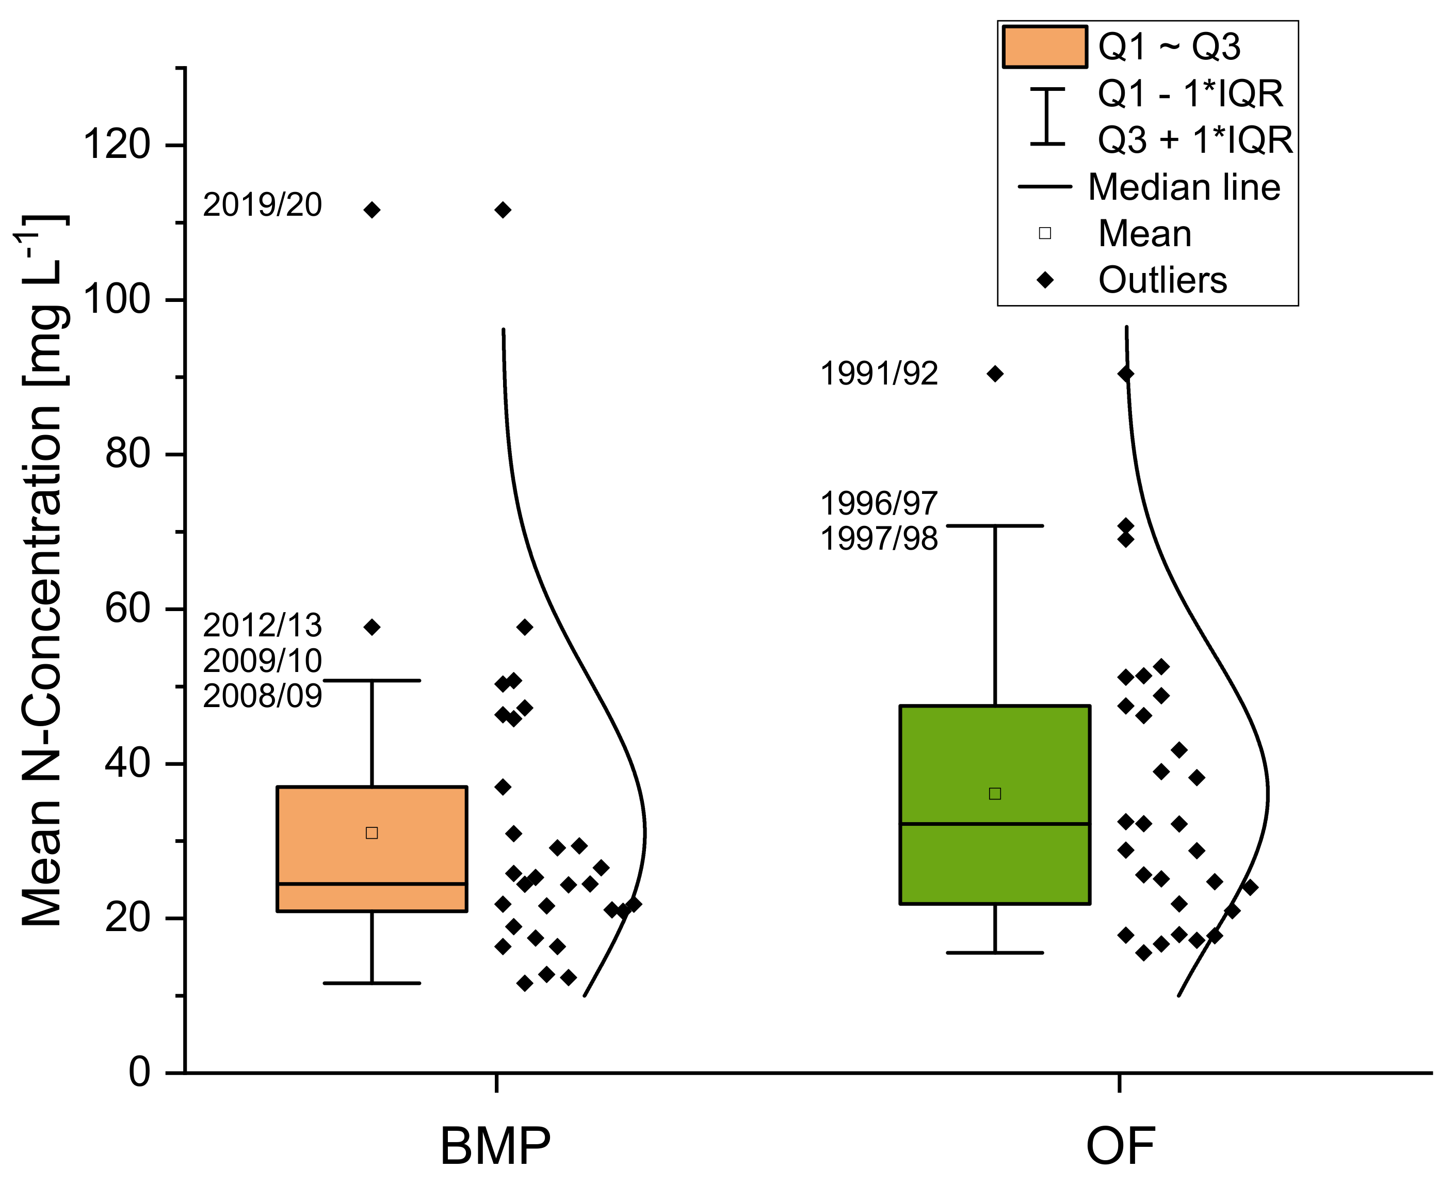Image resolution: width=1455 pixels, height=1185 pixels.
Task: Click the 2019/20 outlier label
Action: coord(262,205)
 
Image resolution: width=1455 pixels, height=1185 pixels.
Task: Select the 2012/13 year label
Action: coord(262,625)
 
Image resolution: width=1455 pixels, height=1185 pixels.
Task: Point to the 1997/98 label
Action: coord(879,539)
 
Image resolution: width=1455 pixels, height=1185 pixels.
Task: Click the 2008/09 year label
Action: coord(262,696)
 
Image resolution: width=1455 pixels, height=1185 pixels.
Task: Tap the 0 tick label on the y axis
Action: coord(139,1072)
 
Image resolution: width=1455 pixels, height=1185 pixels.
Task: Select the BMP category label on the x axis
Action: coord(495,1146)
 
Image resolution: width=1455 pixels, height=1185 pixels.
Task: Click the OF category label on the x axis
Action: coord(1120,1146)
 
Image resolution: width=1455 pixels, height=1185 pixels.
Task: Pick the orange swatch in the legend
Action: coord(1044,47)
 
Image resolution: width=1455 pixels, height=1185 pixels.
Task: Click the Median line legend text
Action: coord(1184,187)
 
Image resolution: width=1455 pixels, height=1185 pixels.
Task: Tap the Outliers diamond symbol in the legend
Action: coord(1045,280)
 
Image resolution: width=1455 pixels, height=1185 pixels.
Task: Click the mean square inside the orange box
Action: coord(372,833)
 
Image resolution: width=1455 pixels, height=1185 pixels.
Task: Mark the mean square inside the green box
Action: coord(995,793)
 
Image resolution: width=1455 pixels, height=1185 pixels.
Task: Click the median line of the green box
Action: coord(995,824)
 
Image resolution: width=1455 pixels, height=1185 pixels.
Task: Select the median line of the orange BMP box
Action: coord(372,884)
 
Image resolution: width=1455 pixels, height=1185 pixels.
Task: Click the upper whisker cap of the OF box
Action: coord(995,525)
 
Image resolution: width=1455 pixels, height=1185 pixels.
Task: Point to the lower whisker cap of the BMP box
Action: coord(372,983)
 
